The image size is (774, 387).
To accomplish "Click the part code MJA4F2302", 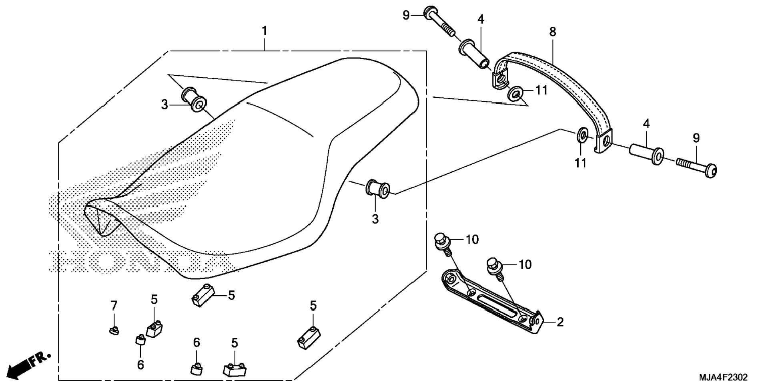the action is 723,377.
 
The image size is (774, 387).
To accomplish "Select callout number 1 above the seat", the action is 264,30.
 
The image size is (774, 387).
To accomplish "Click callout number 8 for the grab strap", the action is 552,32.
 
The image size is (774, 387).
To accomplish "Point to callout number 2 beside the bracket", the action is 560,322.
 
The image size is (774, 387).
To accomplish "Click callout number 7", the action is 114,306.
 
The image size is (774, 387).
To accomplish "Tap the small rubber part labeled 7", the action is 114,331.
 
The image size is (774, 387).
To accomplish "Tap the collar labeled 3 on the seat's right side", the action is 377,189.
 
